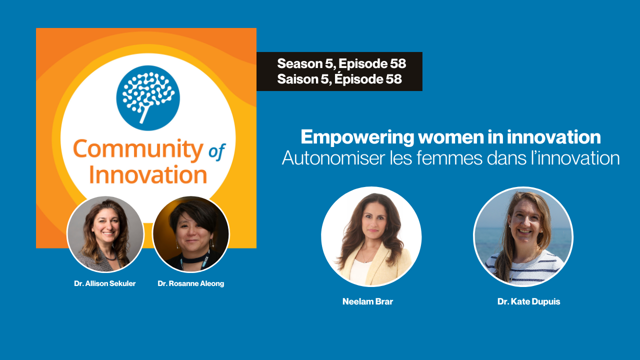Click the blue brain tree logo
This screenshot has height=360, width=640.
click(148, 98)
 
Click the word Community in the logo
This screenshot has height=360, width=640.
click(138, 149)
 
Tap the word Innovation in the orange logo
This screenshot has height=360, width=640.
click(148, 174)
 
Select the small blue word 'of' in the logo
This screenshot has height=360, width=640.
click(217, 151)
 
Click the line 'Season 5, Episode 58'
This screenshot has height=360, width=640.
click(341, 63)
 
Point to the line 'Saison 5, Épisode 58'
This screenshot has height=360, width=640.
click(339, 79)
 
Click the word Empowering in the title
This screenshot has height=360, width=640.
click(357, 137)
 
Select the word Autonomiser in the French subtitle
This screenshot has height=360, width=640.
click(333, 158)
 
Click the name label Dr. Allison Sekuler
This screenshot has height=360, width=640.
click(105, 283)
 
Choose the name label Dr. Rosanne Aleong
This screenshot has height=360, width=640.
click(191, 283)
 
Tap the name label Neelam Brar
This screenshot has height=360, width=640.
click(367, 301)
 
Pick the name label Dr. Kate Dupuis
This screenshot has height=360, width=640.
click(529, 301)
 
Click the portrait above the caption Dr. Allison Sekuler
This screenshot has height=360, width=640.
click(105, 234)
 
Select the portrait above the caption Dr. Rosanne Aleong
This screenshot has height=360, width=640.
click(191, 234)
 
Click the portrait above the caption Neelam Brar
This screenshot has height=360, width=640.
click(371, 236)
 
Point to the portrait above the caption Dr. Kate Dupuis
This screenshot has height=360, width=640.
click(523, 236)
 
